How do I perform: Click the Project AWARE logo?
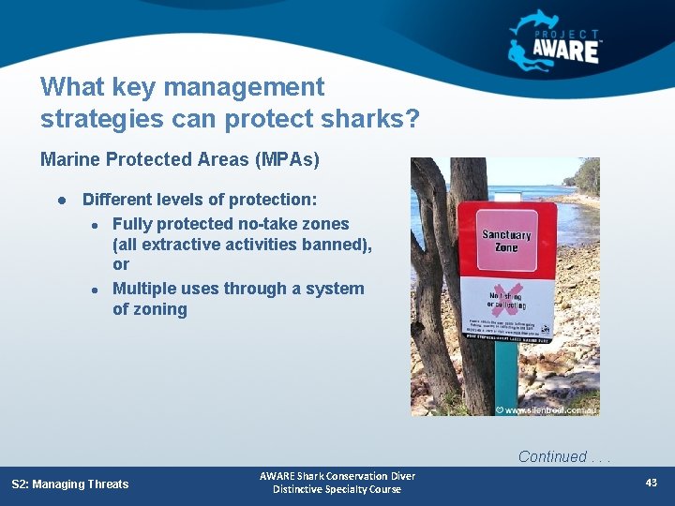(x=555, y=40)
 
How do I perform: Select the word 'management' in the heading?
(x=237, y=87)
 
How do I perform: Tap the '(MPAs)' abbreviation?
(x=287, y=159)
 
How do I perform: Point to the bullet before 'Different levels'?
(x=60, y=201)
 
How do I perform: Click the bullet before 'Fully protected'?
(x=96, y=225)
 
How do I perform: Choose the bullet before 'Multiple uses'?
(x=96, y=290)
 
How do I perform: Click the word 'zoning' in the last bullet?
(x=150, y=309)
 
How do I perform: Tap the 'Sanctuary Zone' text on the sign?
(x=506, y=242)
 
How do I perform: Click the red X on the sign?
(x=506, y=298)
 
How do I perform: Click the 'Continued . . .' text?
(x=562, y=457)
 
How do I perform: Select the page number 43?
(x=652, y=483)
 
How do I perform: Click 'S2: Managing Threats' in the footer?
(x=70, y=484)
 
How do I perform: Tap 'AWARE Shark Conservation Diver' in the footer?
(x=337, y=476)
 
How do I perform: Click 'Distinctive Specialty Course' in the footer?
(x=337, y=489)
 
